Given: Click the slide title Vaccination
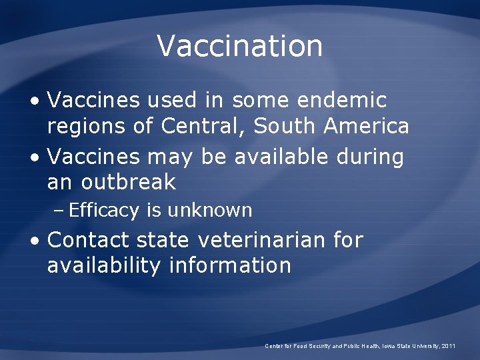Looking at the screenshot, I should (x=240, y=46).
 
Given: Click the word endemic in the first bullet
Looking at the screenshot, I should (x=343, y=101).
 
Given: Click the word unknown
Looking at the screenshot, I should (x=210, y=211).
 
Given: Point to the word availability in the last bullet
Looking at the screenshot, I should (x=104, y=265).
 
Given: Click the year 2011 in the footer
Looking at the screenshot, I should (x=447, y=346).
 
